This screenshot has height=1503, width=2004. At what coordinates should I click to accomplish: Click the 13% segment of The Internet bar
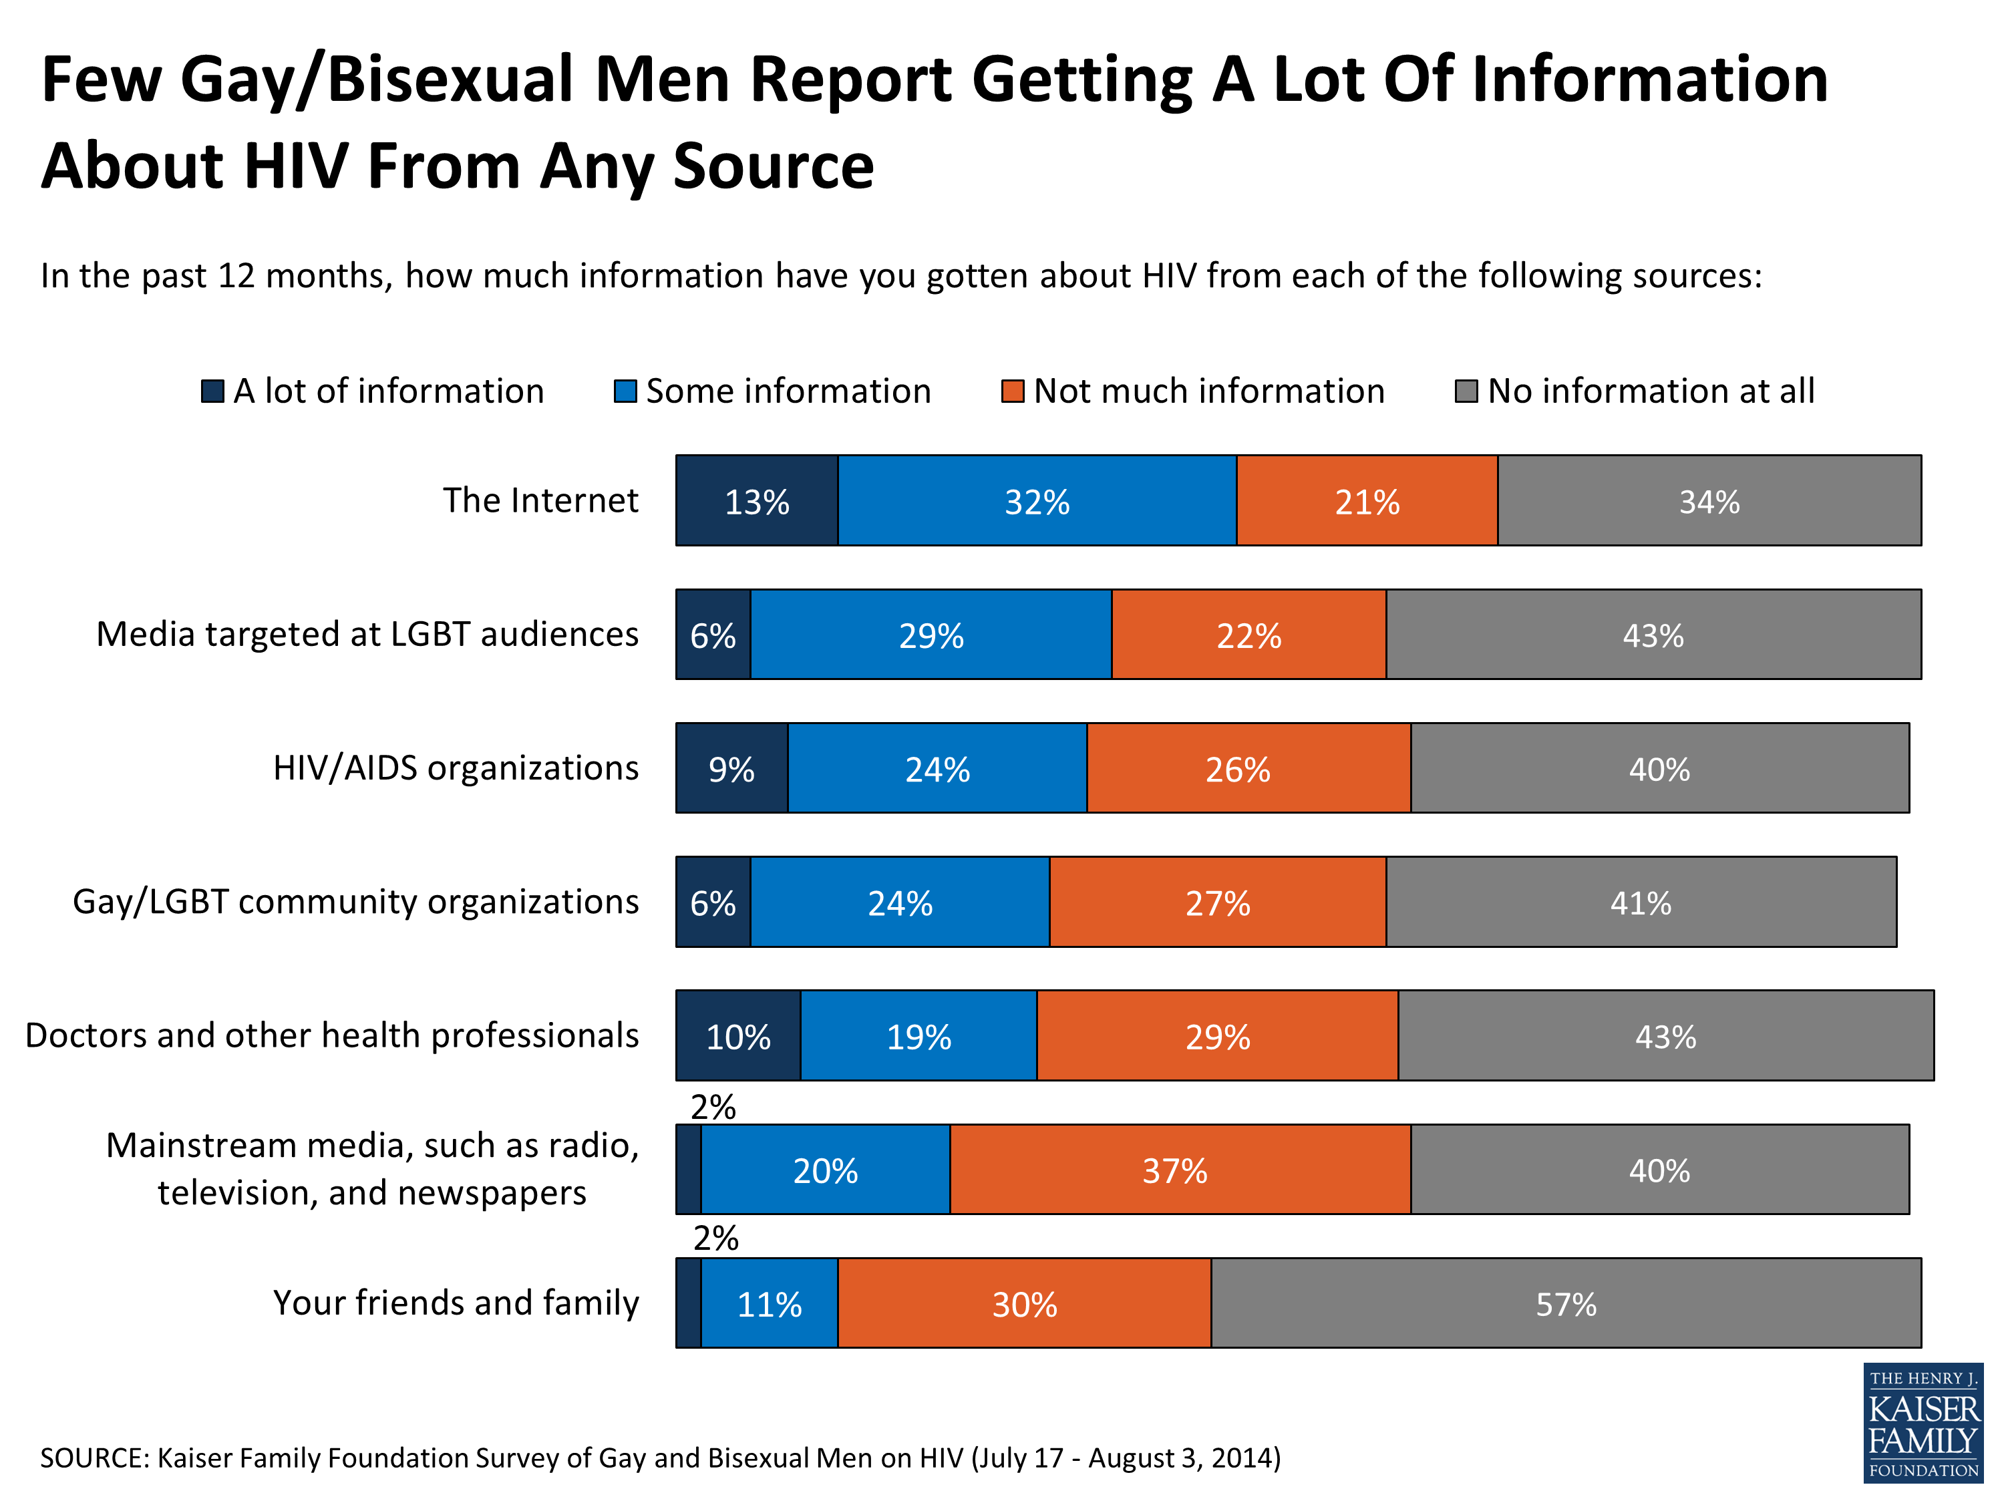[756, 501]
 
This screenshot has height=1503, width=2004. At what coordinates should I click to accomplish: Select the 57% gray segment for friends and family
[1566, 1304]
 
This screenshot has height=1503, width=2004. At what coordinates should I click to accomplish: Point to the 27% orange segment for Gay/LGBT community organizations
[1218, 902]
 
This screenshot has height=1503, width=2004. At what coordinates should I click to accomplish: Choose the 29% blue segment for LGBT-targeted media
[931, 635]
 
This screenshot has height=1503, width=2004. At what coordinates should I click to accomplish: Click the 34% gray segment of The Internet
[1709, 501]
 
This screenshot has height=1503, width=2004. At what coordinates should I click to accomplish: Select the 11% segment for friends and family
[769, 1304]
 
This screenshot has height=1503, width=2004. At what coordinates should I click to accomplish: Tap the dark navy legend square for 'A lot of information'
[212, 391]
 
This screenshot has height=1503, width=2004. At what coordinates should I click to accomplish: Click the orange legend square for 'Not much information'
[1012, 391]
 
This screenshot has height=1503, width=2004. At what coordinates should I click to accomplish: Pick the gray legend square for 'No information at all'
[1466, 391]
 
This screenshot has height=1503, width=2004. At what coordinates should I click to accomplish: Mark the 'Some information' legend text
[788, 391]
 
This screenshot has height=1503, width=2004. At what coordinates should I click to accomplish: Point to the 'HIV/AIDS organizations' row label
[456, 768]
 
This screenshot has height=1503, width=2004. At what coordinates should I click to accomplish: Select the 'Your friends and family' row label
[456, 1303]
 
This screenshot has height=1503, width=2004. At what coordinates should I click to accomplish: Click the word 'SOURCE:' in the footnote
[94, 1458]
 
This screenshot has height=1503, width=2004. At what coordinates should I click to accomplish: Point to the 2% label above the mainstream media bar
[713, 1107]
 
